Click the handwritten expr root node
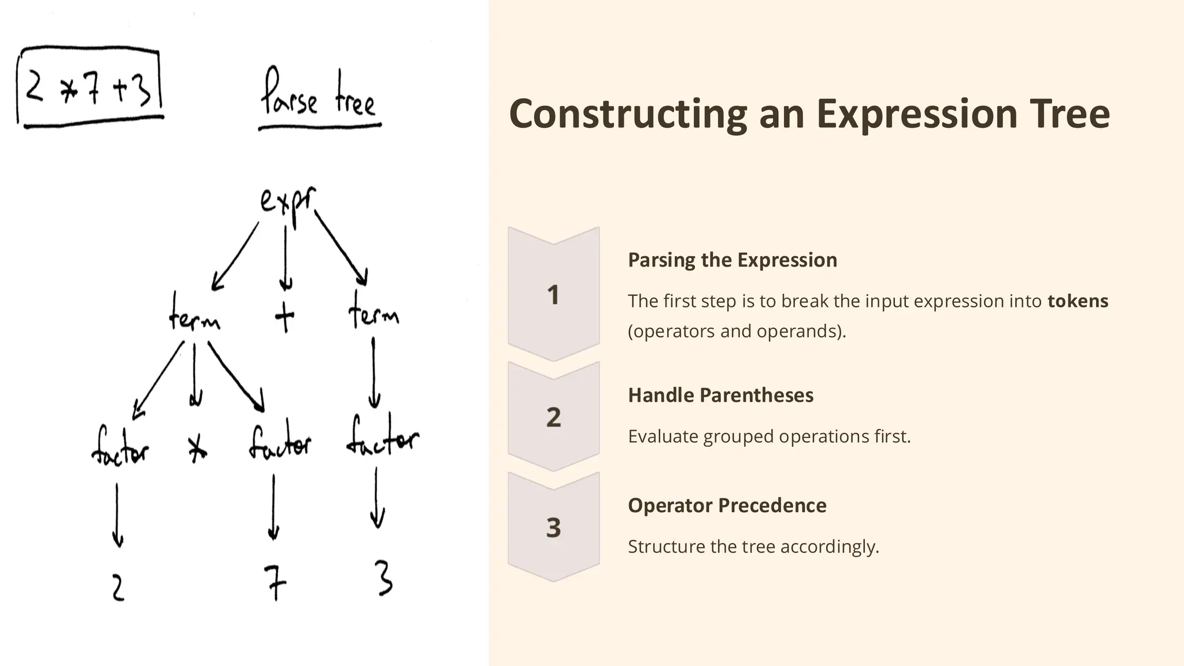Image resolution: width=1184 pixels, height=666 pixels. (287, 202)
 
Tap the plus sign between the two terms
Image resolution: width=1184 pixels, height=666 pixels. (284, 317)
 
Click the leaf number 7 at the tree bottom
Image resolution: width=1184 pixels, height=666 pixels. (275, 582)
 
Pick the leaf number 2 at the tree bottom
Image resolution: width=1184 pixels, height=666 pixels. (118, 588)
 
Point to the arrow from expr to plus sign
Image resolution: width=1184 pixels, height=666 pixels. (285, 257)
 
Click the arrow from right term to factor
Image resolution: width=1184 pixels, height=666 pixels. (373, 373)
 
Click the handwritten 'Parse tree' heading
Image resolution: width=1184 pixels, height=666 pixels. (319, 95)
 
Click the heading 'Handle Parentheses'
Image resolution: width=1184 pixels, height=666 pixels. (720, 395)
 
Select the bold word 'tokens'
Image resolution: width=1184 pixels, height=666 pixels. (1078, 301)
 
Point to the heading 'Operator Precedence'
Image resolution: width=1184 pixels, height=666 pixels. (727, 506)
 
